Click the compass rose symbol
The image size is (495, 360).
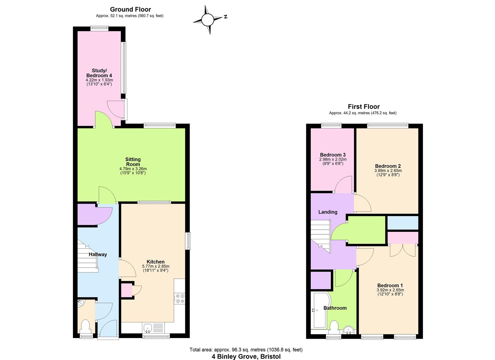tap(207, 20)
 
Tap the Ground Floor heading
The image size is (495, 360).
tap(130, 9)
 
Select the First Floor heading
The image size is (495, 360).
tap(364, 107)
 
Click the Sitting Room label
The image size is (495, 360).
tap(133, 162)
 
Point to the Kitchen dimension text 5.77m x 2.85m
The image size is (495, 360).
tap(156, 266)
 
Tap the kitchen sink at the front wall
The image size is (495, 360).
tap(148, 328)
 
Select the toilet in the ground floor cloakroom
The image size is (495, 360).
tap(86, 326)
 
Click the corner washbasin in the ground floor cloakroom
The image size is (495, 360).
tap(81, 303)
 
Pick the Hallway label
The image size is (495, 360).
tap(98, 254)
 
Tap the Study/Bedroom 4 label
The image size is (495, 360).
tap(99, 73)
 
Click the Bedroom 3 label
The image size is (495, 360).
tap(333, 155)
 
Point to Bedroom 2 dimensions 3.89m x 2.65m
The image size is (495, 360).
tap(388, 171)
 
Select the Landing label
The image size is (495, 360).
tap(328, 212)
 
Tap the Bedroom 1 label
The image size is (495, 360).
tap(390, 285)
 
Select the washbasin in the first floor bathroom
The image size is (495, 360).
tap(349, 330)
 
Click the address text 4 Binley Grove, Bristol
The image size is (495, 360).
tap(246, 356)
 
